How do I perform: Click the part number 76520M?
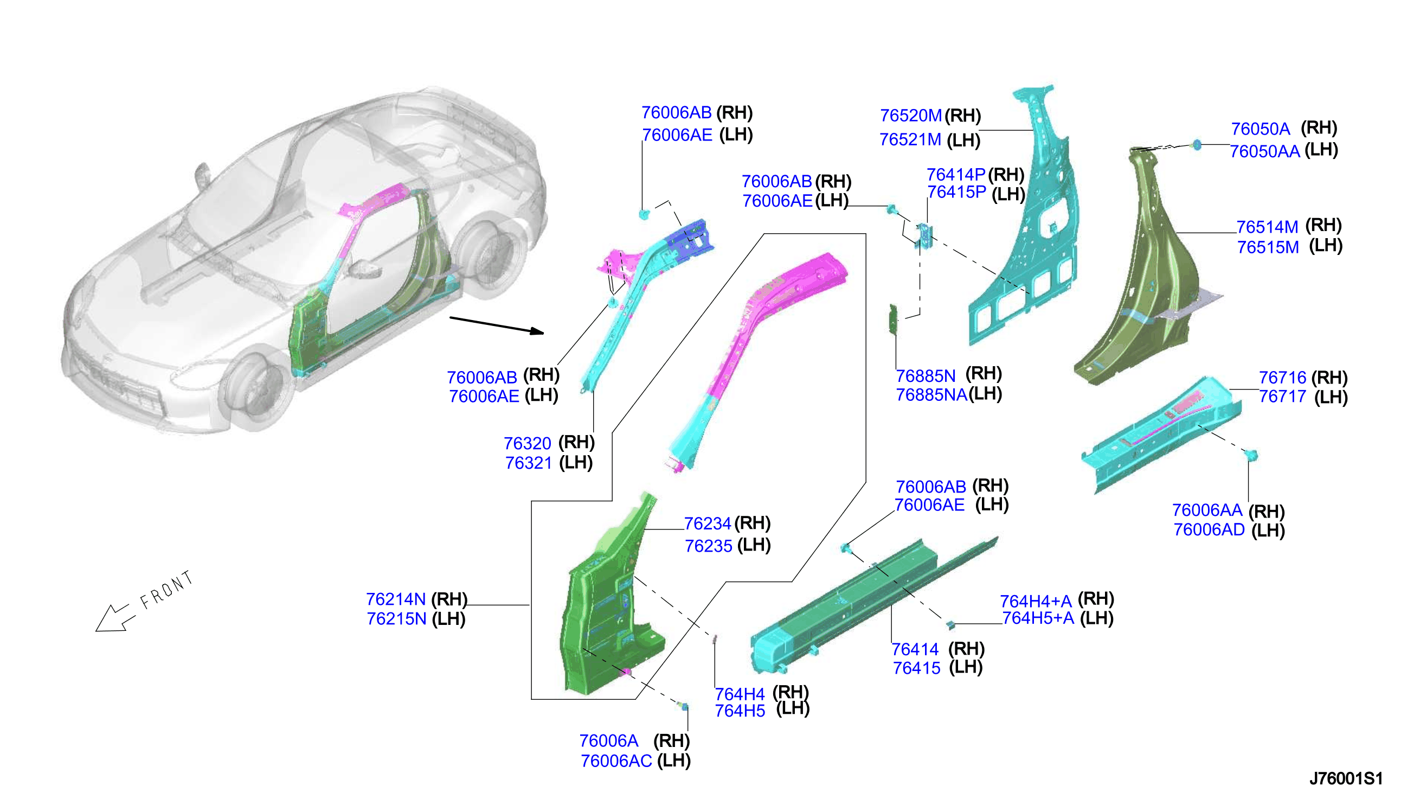(910, 116)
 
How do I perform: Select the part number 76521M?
(910, 139)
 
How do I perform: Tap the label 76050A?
(1260, 129)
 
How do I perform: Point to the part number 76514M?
(1267, 227)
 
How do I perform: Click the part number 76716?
(1282, 378)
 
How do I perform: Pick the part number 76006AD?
(1209, 529)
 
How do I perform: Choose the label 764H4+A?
(1036, 600)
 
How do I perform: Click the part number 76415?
(917, 668)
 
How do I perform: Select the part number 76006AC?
(616, 761)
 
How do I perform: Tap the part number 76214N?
(396, 599)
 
